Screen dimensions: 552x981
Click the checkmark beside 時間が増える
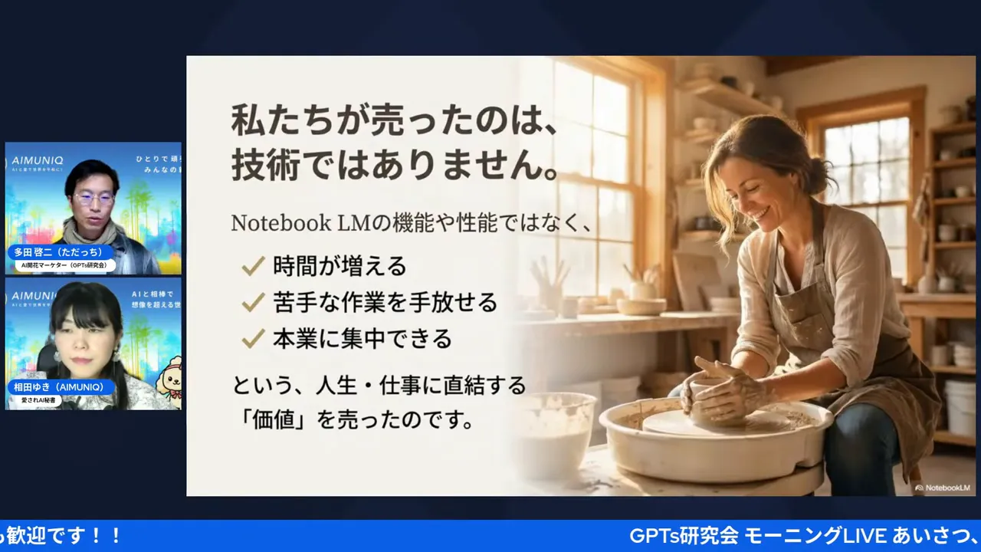pyautogui.click(x=252, y=266)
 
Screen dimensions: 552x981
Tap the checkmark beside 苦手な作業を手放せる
pyautogui.click(x=252, y=303)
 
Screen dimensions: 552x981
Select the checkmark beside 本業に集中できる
pyautogui.click(x=252, y=339)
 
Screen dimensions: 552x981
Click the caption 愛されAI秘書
pyautogui.click(x=38, y=400)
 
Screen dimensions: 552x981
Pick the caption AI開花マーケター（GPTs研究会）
pyautogui.click(x=66, y=265)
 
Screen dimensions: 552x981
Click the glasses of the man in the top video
pyautogui.click(x=94, y=198)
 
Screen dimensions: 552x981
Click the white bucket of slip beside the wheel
pyautogui.click(x=556, y=433)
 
